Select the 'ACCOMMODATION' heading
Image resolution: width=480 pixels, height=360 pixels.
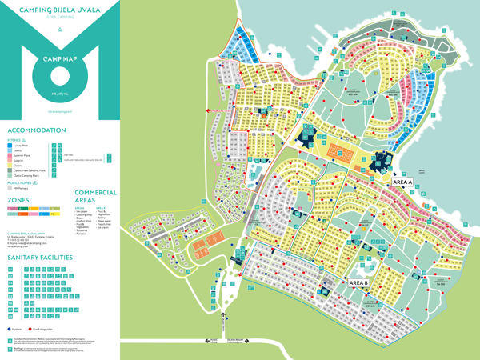(37, 130)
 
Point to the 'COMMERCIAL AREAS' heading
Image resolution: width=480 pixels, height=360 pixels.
(96, 196)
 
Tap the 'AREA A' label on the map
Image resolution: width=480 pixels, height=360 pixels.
(402, 182)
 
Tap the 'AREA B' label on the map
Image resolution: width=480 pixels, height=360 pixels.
(358, 282)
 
